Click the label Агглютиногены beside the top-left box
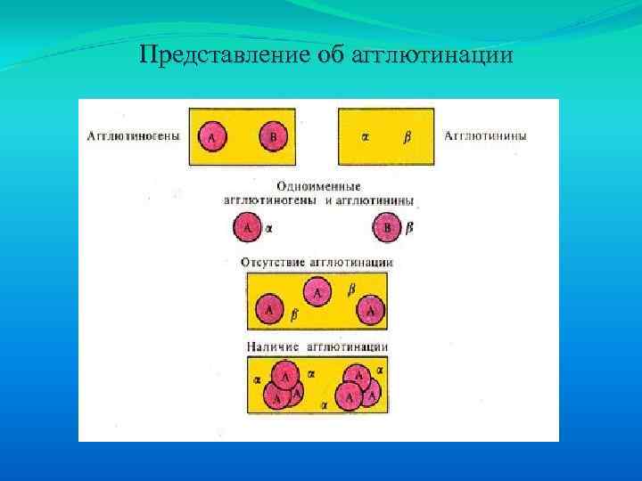click(x=133, y=136)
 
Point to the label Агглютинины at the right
click(x=485, y=136)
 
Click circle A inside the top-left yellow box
click(x=212, y=136)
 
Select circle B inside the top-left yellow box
click(x=273, y=136)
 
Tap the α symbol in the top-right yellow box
click(x=366, y=137)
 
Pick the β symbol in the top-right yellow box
click(x=407, y=137)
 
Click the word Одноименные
click(x=319, y=188)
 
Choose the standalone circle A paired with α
click(x=248, y=228)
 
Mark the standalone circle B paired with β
click(x=387, y=228)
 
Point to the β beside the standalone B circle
click(x=409, y=229)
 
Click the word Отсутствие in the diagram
click(x=273, y=263)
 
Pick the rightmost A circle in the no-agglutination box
click(x=371, y=310)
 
